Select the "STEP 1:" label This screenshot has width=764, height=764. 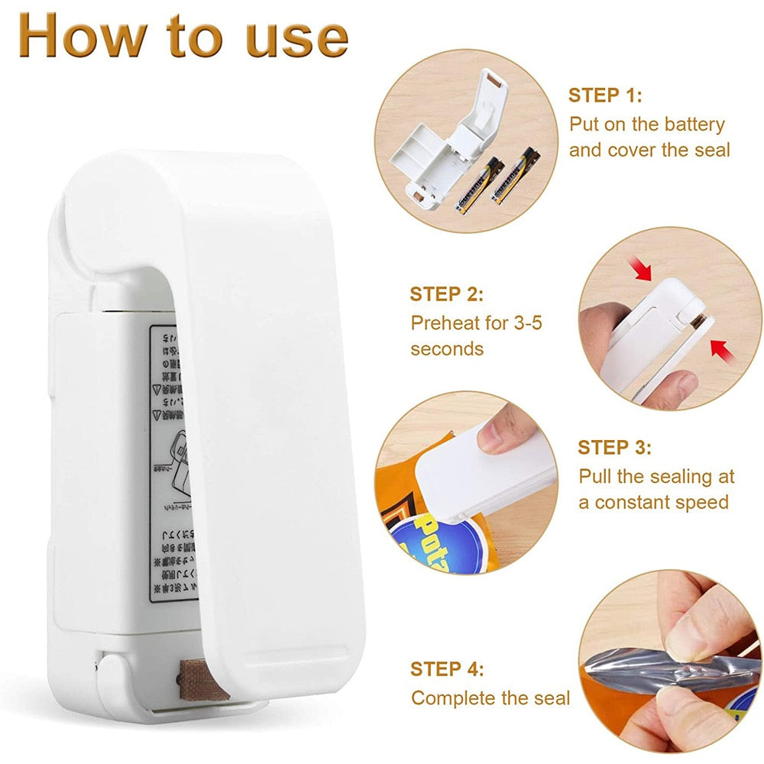[x=605, y=95]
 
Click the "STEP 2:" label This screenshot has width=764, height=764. [x=446, y=294]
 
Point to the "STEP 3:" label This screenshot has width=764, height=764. [x=614, y=447]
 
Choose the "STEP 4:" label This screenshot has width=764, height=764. [x=447, y=669]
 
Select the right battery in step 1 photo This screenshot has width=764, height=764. [x=516, y=176]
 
